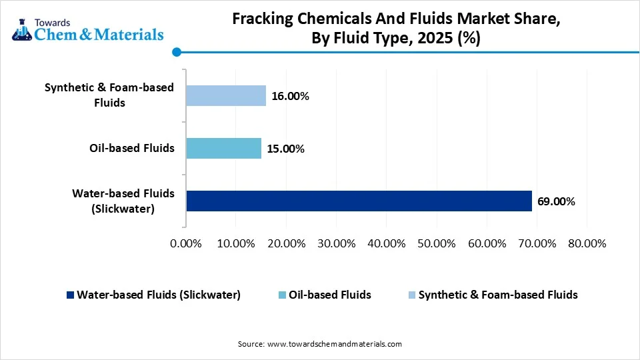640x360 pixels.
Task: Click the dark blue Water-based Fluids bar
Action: [359, 201]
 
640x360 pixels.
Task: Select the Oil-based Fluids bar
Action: [223, 148]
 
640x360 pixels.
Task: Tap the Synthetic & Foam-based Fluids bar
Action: [226, 96]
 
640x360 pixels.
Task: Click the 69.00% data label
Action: [556, 201]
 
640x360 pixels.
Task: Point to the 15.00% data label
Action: [285, 149]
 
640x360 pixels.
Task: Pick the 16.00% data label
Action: [290, 96]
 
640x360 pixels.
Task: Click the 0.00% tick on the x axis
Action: [186, 243]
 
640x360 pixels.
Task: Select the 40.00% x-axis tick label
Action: [386, 243]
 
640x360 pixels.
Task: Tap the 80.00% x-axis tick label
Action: [586, 243]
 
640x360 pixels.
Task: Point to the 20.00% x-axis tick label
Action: [286, 243]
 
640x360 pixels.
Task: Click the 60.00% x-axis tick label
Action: [486, 243]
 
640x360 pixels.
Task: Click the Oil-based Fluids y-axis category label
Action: [132, 148]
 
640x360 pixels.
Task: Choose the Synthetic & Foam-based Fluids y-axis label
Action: [109, 95]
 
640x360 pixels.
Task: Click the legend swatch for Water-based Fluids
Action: [70, 295]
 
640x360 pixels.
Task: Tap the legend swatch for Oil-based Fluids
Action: [282, 295]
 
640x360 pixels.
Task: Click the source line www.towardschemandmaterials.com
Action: [320, 344]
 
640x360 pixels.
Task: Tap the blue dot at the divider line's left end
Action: [176, 51]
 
